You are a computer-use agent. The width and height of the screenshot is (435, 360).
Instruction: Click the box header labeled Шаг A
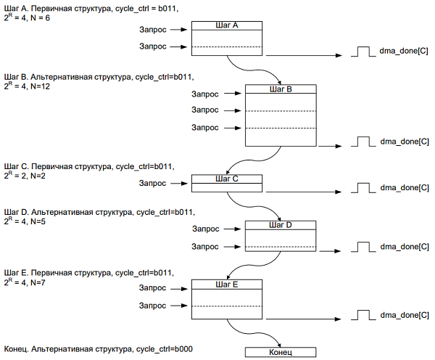coord(227,25)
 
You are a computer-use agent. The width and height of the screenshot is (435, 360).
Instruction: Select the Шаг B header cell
coord(281,89)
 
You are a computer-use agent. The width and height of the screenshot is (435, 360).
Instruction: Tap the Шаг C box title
coord(227,179)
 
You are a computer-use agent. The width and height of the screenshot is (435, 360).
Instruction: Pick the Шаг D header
coord(281,225)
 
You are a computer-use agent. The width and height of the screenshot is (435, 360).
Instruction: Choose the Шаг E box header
coord(227,284)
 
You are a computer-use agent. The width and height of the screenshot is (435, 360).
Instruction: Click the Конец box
coord(281,352)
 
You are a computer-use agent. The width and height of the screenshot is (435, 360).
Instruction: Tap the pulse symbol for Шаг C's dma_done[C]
coord(363,188)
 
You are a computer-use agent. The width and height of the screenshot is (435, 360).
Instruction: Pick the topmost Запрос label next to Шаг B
coord(204,94)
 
